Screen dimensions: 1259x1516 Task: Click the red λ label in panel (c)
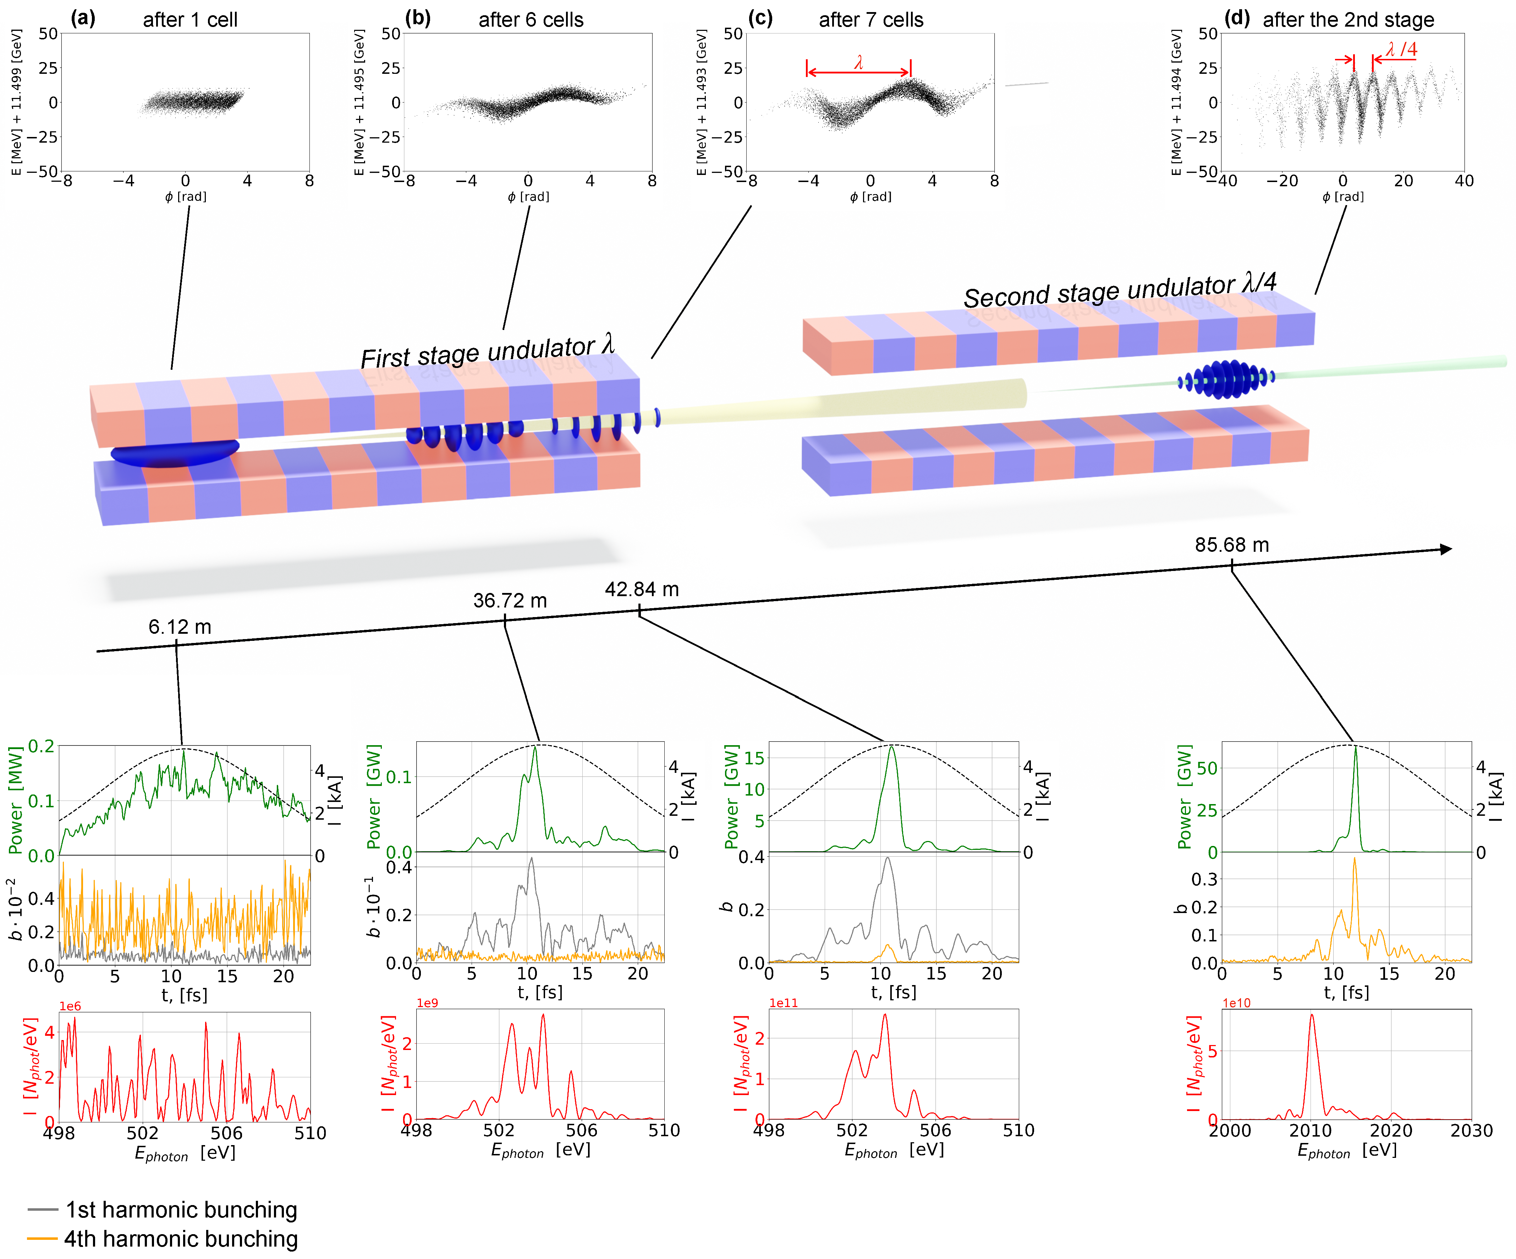(858, 62)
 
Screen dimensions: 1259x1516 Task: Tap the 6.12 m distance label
(180, 627)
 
